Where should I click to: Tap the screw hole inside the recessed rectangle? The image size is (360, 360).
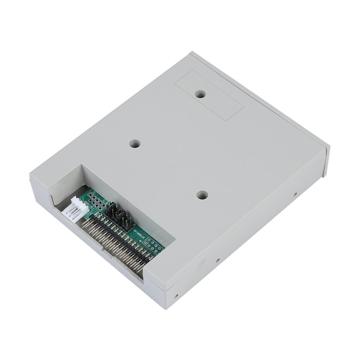[200, 94]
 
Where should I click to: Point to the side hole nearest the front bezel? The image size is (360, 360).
[295, 194]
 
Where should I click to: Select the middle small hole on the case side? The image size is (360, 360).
[217, 261]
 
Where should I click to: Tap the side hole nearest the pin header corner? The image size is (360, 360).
[176, 296]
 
